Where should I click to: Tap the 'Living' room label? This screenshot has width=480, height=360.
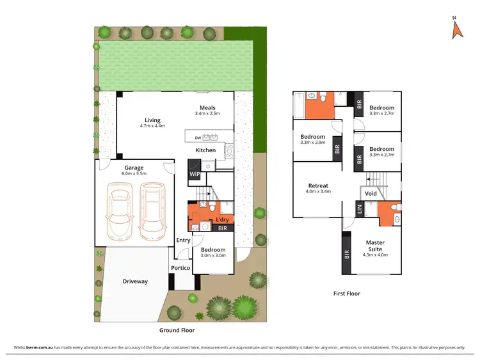152,120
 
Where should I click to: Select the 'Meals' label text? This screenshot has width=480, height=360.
207,107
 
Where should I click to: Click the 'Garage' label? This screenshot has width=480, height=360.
116,168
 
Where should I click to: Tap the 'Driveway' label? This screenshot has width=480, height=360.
135,281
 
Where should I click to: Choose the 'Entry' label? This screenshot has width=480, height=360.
183,240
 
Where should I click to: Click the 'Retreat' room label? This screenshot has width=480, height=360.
318,185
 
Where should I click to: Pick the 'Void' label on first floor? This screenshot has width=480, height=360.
371,193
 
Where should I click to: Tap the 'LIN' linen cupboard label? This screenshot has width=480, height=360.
360,208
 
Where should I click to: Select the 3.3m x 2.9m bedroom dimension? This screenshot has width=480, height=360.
313,143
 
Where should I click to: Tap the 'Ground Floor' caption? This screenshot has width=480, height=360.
177,331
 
